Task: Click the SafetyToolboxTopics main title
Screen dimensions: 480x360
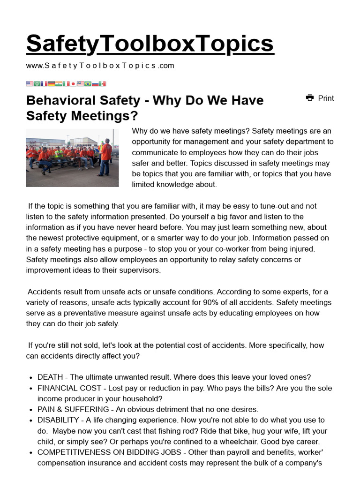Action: (150, 44)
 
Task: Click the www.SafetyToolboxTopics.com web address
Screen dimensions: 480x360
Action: (100, 66)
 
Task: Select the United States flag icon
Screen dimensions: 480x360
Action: (30, 84)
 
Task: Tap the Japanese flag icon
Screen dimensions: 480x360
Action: (73, 84)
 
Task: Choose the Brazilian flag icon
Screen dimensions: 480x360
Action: (88, 84)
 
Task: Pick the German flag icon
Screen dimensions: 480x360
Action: (51, 84)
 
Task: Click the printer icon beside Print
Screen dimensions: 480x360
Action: (310, 98)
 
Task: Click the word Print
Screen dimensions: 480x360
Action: (326, 98)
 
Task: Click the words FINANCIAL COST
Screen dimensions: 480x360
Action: (69, 388)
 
